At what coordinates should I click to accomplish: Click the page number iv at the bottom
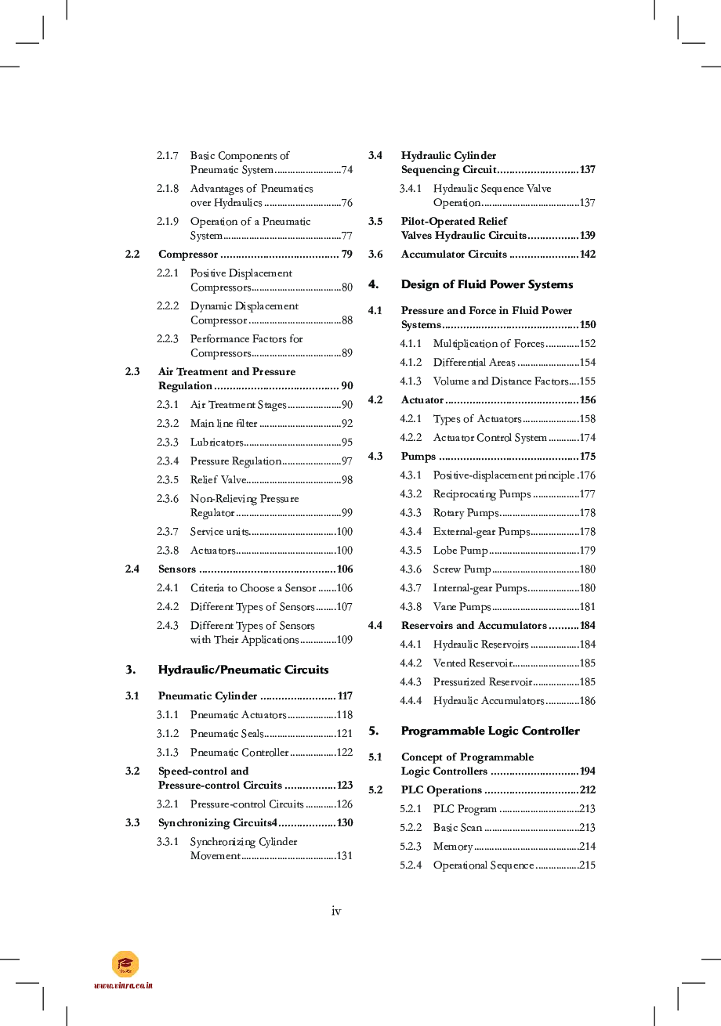tap(336, 911)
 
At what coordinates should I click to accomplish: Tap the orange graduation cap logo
tap(125, 964)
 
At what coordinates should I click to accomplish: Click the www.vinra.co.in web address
tap(123, 985)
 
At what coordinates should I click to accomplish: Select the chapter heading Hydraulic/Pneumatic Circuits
tap(243, 670)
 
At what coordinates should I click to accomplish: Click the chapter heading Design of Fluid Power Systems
tap(487, 284)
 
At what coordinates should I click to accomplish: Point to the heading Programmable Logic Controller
tap(490, 731)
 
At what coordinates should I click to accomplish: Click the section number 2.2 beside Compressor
tap(132, 255)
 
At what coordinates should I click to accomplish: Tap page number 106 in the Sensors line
tap(344, 569)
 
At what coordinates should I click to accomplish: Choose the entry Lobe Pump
tap(460, 551)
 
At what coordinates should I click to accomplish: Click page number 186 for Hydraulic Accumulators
tap(587, 701)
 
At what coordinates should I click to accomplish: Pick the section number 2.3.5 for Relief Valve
tap(168, 480)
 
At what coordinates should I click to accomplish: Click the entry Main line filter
tap(223, 424)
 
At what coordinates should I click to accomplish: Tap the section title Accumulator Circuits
tap(454, 255)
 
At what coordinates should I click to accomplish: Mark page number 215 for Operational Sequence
tap(587, 865)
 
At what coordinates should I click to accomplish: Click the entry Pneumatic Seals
tap(226, 734)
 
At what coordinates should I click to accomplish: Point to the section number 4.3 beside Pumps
tap(375, 457)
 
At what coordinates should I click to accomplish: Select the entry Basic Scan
tap(458, 828)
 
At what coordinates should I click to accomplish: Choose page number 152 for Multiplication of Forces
tap(587, 344)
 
